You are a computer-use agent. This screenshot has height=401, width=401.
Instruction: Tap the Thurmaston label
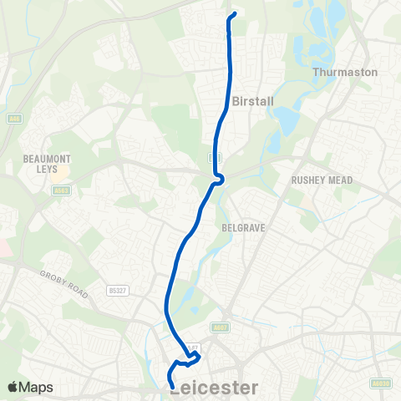click(x=345, y=72)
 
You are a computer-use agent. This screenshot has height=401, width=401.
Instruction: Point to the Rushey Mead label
click(x=322, y=180)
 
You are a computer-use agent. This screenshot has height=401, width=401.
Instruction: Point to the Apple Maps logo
click(x=29, y=388)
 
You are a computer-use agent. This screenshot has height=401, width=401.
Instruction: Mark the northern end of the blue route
click(x=232, y=14)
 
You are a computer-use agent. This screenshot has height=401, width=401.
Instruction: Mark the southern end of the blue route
click(x=171, y=386)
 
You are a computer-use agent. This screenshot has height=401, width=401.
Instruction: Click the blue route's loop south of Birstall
click(x=219, y=178)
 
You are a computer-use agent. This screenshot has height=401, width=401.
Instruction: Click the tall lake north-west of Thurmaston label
click(x=335, y=14)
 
